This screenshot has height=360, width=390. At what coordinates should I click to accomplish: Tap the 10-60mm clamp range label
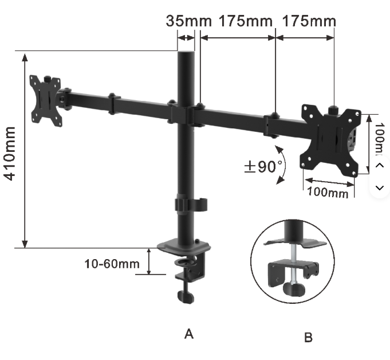[x=112, y=264]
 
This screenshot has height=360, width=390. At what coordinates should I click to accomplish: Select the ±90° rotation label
[x=263, y=167]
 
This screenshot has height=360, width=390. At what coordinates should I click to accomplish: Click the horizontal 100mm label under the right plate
[x=328, y=192]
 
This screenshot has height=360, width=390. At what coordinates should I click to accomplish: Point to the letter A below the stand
[x=188, y=333]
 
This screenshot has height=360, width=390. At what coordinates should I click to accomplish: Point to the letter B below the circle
[x=308, y=338]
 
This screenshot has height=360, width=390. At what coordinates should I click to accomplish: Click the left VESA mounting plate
[x=46, y=100]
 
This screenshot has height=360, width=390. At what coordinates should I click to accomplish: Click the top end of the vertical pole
[x=186, y=55]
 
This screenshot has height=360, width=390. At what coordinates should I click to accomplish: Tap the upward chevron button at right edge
[x=380, y=165]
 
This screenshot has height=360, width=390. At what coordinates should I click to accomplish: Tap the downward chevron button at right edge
[x=380, y=187]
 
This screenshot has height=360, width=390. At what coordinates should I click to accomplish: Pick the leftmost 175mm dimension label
[x=246, y=21]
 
